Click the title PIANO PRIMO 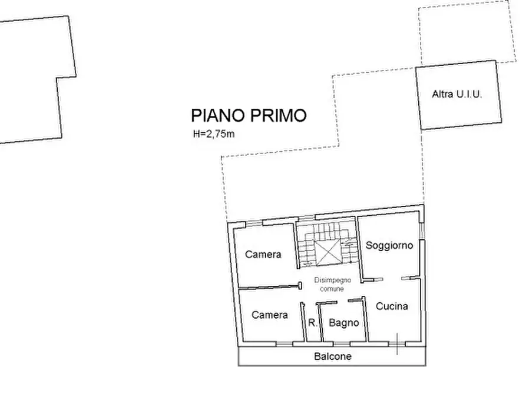tap(249, 115)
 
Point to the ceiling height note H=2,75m tap(214, 134)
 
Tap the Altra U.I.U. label tap(456, 94)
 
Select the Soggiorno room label tap(389, 245)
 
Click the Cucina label tap(392, 306)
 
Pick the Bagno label tap(344, 322)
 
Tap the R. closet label tap(313, 322)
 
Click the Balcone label tap(332, 356)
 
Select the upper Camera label tap(263, 255)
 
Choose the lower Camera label tap(269, 315)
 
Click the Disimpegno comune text tap(332, 284)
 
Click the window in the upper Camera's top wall tap(253, 222)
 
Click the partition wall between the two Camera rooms tap(268, 287)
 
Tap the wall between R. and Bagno tap(320, 322)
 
